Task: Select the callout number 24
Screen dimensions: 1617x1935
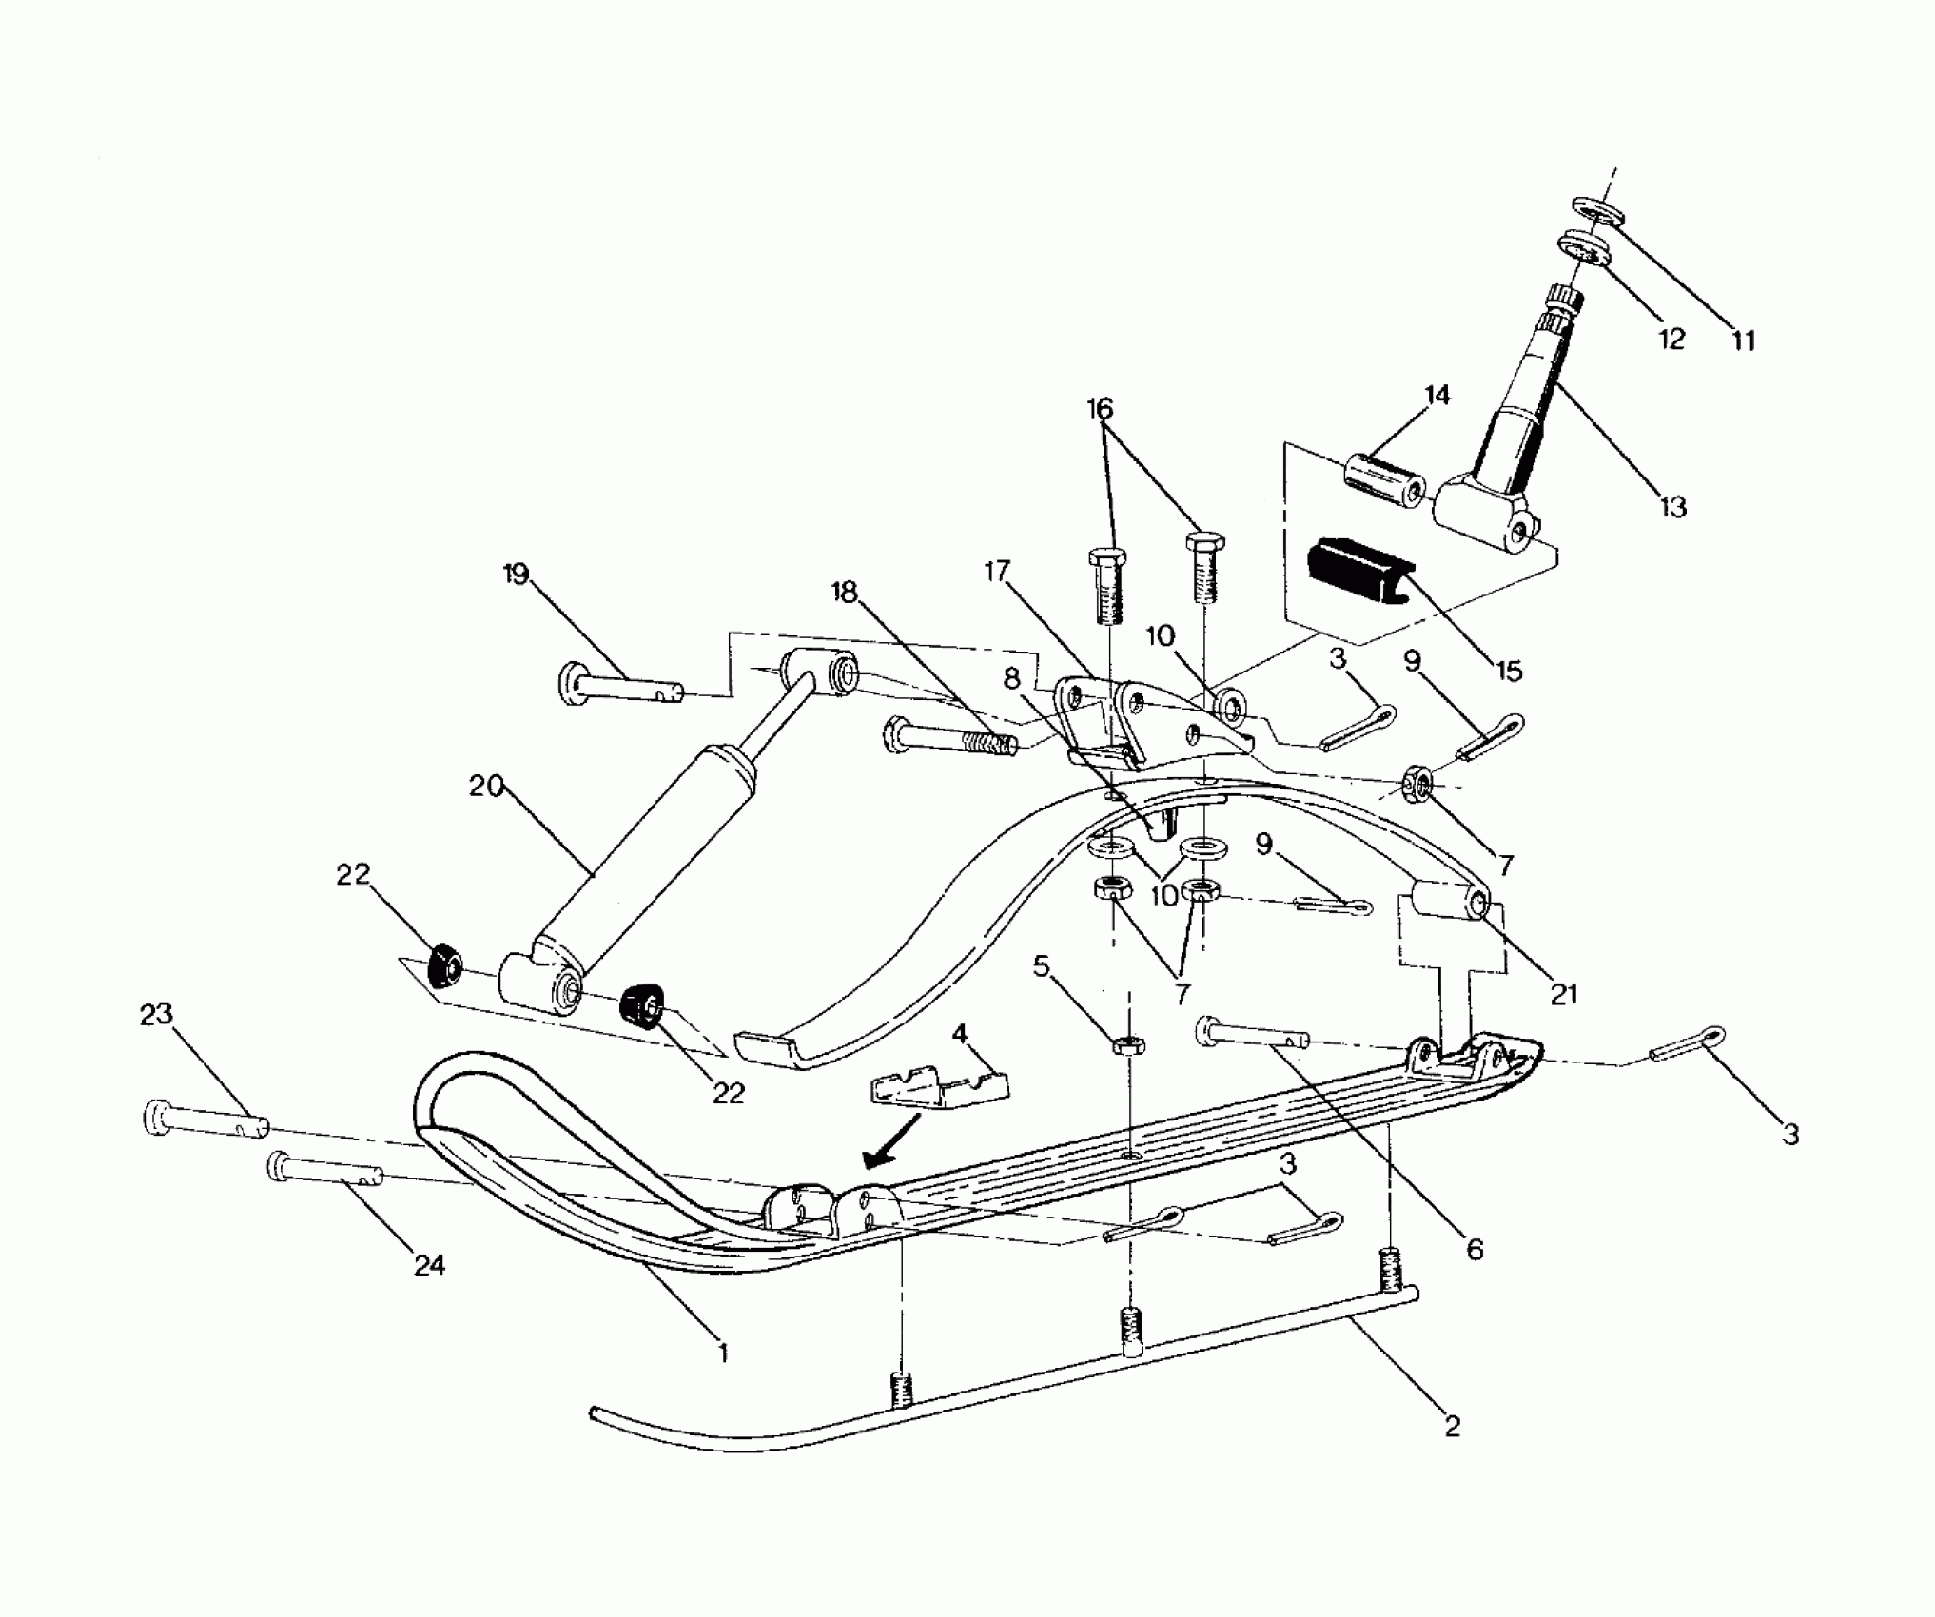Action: click(x=429, y=1264)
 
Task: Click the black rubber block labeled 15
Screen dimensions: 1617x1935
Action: click(x=1357, y=575)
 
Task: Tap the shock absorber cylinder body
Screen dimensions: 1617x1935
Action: click(x=647, y=856)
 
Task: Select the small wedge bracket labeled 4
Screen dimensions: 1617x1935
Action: click(x=940, y=1090)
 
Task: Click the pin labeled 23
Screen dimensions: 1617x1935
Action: click(x=205, y=1119)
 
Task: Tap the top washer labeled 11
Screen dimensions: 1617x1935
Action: click(x=1594, y=211)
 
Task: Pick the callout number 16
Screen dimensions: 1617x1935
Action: click(x=1099, y=409)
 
